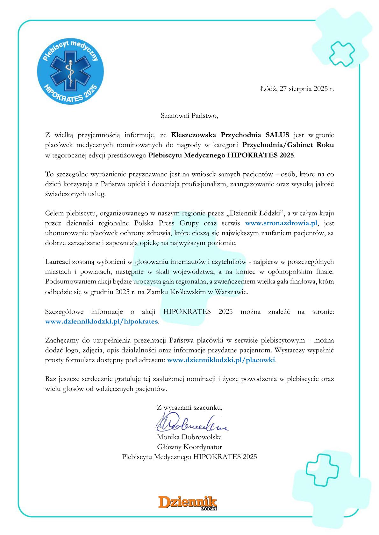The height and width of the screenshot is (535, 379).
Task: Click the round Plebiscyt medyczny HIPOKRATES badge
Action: click(x=70, y=70)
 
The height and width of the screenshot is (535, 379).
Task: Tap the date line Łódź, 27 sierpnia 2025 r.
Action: click(x=297, y=89)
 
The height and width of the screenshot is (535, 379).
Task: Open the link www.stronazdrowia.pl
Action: click(x=282, y=223)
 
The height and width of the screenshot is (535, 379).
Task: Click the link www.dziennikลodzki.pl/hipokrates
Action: click(x=102, y=321)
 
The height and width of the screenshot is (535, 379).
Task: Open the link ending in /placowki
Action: click(x=221, y=360)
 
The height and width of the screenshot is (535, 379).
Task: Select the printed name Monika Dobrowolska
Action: click(x=189, y=437)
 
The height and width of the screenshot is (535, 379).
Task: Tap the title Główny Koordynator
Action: click(x=189, y=447)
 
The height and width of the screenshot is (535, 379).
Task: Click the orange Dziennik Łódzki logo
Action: click(x=188, y=503)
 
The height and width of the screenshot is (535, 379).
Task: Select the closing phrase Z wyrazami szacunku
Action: click(x=189, y=407)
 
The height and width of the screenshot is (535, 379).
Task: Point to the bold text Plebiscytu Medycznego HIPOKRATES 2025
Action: click(x=222, y=155)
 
